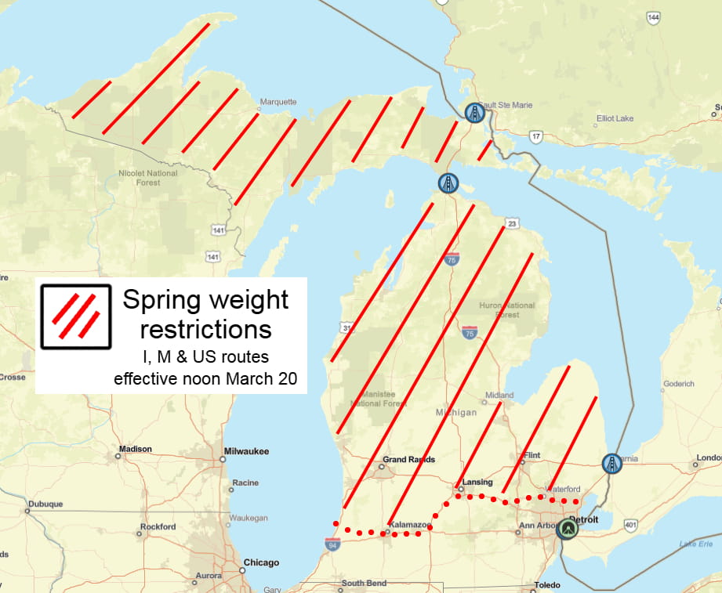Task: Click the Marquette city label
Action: tap(278, 102)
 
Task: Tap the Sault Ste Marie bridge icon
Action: tap(473, 114)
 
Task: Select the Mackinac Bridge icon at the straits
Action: tap(448, 184)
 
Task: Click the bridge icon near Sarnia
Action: tap(611, 463)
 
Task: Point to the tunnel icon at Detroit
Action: tap(566, 530)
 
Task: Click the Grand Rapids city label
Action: tap(408, 460)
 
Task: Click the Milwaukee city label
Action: tap(246, 451)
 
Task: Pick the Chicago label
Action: tap(261, 562)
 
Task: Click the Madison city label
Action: tap(135, 450)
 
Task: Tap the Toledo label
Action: tap(546, 585)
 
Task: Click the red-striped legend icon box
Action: tap(76, 316)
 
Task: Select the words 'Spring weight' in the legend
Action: tap(205, 299)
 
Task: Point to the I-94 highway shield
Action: tap(333, 542)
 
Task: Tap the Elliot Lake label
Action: tap(614, 118)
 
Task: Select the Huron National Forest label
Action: tap(507, 310)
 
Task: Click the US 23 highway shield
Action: tap(511, 223)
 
